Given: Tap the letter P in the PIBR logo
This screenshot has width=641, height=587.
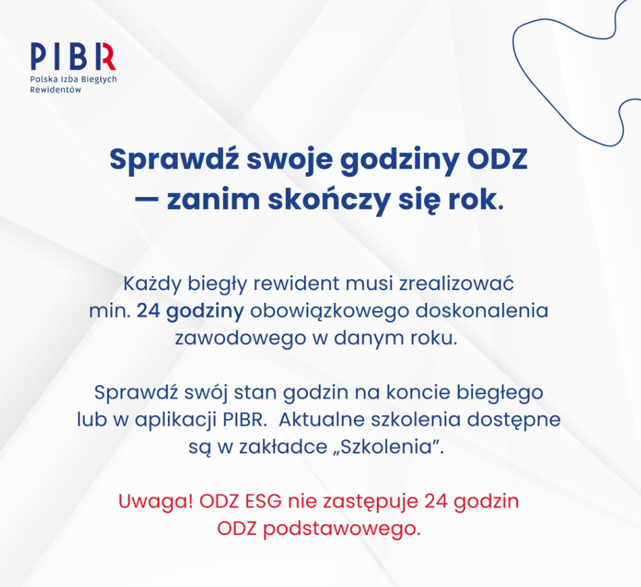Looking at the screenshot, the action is pos(39,56).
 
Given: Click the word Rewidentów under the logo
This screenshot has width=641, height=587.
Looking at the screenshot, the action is pos(55,90).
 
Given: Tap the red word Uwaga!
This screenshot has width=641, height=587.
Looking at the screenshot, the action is pos(155,502).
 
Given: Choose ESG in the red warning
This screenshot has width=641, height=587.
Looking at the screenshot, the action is pos(264,501).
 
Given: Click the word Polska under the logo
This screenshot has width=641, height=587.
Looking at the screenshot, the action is pos(44,79).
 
